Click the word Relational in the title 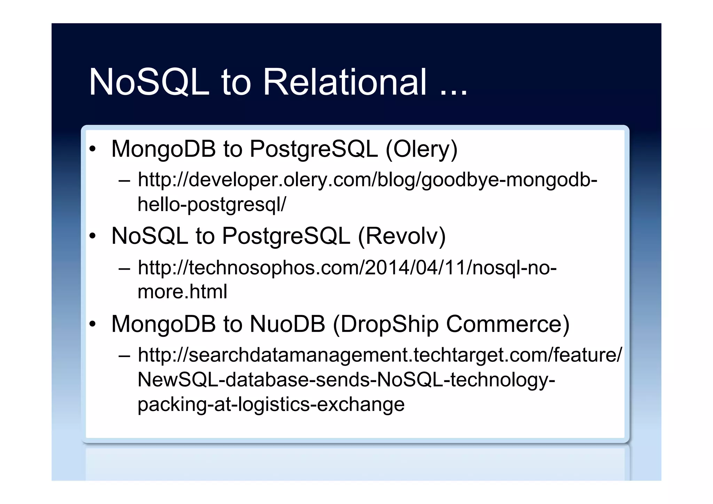[x=345, y=82]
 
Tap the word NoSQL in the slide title [x=149, y=82]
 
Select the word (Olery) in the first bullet [x=421, y=149]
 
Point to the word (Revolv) [x=401, y=237]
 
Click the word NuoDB [x=287, y=324]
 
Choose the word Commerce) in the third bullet [x=508, y=324]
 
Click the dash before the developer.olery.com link [x=124, y=181]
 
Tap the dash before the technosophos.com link [x=124, y=269]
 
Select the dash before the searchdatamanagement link [x=124, y=356]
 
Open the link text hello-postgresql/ [x=212, y=204]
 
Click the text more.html [x=182, y=292]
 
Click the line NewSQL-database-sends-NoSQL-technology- [x=346, y=380]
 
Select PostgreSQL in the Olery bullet [x=313, y=149]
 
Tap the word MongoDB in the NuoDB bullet [x=164, y=324]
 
